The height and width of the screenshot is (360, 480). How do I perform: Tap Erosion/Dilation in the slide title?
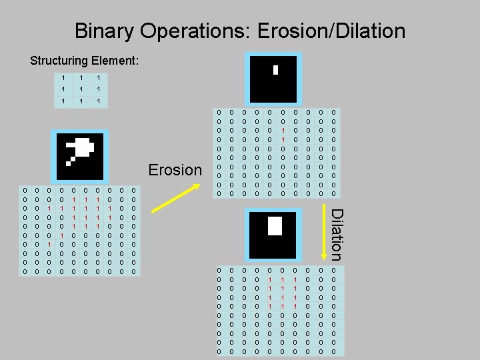pyautogui.click(x=333, y=31)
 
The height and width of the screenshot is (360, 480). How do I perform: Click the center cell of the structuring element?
pyautogui.click(x=81, y=89)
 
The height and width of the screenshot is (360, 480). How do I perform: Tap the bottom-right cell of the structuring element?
pyautogui.click(x=99, y=101)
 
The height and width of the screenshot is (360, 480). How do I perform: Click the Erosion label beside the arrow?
pyautogui.click(x=175, y=170)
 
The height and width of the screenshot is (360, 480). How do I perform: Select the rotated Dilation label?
pyautogui.click(x=337, y=234)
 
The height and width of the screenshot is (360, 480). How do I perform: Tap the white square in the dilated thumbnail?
pyautogui.click(x=275, y=226)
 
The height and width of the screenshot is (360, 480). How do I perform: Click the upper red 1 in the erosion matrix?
pyautogui.click(x=283, y=131)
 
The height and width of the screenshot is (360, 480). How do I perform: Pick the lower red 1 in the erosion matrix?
pyautogui.click(x=283, y=139)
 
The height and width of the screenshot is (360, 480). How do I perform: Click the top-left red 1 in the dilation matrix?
pyautogui.click(x=270, y=279)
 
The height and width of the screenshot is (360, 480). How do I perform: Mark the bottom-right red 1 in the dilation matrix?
pyautogui.click(x=295, y=305)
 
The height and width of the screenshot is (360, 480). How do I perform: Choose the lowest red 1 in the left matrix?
pyautogui.click(x=49, y=244)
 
